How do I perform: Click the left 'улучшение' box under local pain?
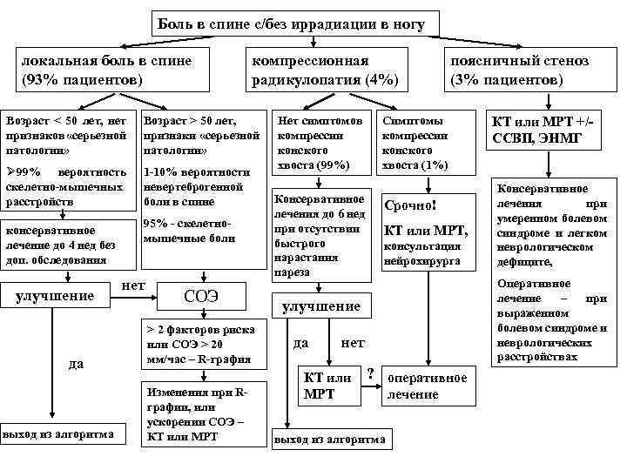(56, 296)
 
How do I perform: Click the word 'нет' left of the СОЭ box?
(134, 285)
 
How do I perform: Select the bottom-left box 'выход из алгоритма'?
(58, 433)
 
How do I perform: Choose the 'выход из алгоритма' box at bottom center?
(329, 440)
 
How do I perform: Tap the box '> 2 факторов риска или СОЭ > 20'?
(200, 345)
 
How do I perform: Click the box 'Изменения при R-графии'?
(200, 413)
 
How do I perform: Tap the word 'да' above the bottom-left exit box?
(76, 363)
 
